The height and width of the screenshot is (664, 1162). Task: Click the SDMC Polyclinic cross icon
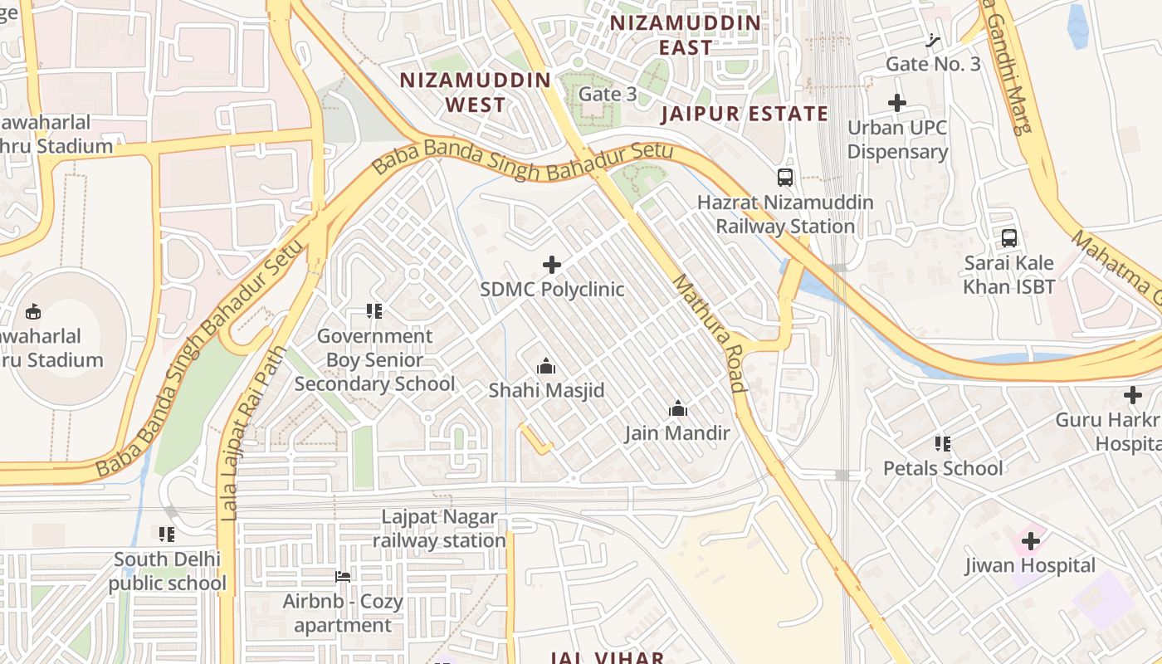(551, 265)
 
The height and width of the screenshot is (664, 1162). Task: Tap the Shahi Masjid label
(546, 390)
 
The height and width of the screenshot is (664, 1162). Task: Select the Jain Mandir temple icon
(678, 408)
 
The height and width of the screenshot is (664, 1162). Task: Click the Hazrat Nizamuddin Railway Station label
(785, 214)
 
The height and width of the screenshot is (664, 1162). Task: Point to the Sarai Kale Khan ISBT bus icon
(1009, 238)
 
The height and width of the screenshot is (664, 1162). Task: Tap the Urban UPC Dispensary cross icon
(897, 104)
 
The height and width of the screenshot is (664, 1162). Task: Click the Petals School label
(943, 468)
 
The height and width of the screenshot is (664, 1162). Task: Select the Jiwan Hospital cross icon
(1030, 542)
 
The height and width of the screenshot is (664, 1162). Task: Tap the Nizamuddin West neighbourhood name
(476, 92)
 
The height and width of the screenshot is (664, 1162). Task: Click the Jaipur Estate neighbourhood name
(745, 115)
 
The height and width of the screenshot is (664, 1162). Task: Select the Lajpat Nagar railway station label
(439, 529)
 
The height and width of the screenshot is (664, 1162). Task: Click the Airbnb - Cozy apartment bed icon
(342, 577)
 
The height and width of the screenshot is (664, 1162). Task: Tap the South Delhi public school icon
(167, 535)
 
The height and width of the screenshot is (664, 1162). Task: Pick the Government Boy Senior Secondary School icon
(374, 311)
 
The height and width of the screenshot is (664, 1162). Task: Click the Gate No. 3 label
(933, 64)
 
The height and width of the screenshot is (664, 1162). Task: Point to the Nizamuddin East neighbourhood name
(686, 35)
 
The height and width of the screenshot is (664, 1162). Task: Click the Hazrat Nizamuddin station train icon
(784, 177)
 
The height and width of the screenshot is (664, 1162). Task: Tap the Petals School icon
(942, 444)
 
